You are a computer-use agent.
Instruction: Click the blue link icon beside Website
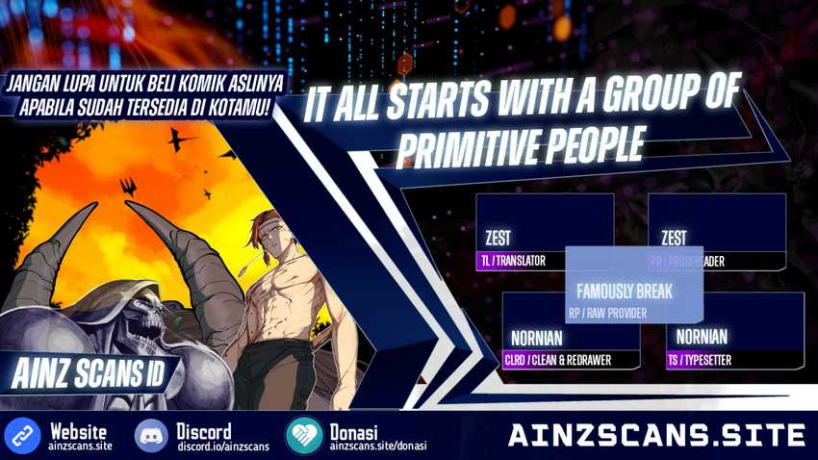[x=21, y=436]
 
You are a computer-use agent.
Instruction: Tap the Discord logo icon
[x=151, y=436]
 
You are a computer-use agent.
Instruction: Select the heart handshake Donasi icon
[x=303, y=436]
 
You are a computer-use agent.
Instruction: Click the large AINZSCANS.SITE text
[x=656, y=435]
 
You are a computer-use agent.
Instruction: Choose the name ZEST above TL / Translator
[x=498, y=238]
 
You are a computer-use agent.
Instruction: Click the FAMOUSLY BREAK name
[x=624, y=291]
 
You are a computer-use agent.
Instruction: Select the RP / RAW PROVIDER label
[x=607, y=313]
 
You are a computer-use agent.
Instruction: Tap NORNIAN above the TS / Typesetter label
[x=702, y=337]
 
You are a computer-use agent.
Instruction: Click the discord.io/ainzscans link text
[x=222, y=447]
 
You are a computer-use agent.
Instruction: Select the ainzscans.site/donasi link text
[x=377, y=447]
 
